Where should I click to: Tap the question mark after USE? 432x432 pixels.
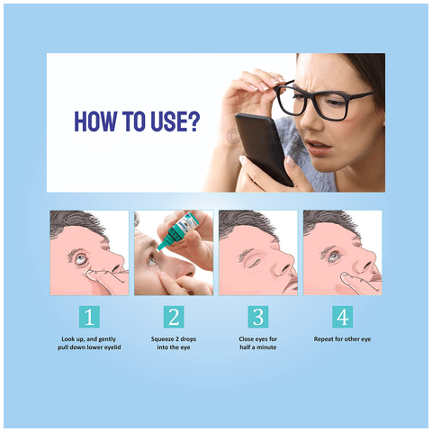click(194, 121)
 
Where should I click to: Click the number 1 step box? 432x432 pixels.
click(89, 317)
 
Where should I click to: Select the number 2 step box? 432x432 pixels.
click(174, 317)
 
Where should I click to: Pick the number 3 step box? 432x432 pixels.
click(258, 317)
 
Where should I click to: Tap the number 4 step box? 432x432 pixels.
click(342, 317)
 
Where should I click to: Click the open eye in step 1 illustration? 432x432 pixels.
click(81, 258)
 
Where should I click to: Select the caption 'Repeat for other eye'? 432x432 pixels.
click(342, 339)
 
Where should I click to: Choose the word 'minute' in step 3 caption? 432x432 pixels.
click(266, 347)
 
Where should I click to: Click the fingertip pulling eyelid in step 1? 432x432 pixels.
click(89, 273)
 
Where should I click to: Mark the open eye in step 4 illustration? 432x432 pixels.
click(334, 257)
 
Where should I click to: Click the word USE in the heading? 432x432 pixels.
click(169, 121)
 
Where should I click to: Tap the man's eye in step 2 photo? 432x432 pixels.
click(152, 260)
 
